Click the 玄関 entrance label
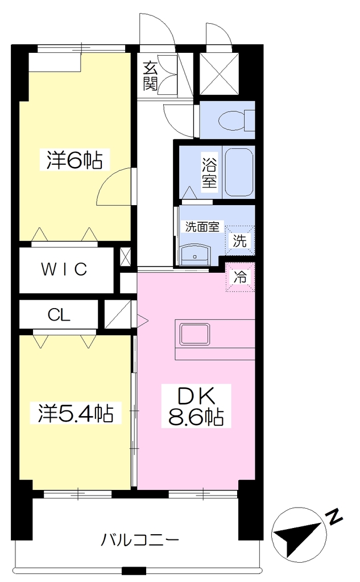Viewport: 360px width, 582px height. [x=150, y=76]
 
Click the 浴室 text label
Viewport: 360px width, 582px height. [x=209, y=172]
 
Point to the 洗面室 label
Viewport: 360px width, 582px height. [x=202, y=227]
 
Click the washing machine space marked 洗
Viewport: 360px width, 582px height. [x=239, y=240]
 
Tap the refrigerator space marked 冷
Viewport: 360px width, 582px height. [x=240, y=277]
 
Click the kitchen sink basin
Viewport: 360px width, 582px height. [x=195, y=334]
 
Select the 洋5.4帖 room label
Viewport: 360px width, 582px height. [x=76, y=413]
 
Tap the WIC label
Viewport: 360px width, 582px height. [x=64, y=269]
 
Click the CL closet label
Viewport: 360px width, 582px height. [x=59, y=315]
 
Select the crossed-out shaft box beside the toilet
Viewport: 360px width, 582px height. [x=219, y=73]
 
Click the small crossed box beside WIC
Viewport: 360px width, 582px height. [x=126, y=256]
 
